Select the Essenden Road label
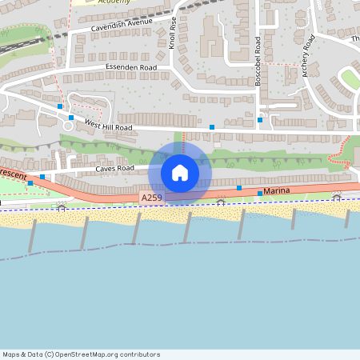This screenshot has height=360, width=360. (x=126, y=69)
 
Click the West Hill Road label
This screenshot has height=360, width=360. (x=109, y=126)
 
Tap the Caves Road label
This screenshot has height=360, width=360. (x=114, y=169)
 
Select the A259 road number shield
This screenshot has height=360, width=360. (x=151, y=197)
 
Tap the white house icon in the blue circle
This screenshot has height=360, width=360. (x=180, y=173)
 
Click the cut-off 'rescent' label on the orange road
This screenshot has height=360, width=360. (x=12, y=174)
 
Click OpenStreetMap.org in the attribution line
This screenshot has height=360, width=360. (x=99, y=354)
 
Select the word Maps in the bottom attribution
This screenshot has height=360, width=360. (x=11, y=354)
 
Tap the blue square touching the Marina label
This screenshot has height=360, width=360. (x=259, y=194)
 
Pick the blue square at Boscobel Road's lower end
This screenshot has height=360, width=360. (x=259, y=121)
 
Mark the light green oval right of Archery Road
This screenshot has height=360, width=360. (x=349, y=79)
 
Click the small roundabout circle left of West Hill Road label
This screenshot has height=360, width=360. (x=67, y=125)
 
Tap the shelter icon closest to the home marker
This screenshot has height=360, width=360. (x=221, y=202)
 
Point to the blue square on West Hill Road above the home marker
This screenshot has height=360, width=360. (x=212, y=127)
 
